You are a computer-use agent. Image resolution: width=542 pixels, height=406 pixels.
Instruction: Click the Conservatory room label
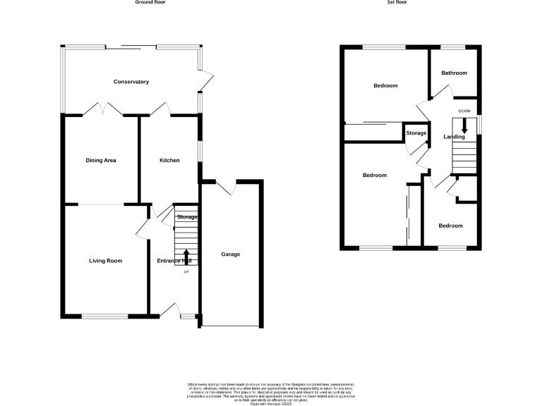[131, 82]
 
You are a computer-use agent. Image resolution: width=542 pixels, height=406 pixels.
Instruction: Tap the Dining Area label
[101, 161]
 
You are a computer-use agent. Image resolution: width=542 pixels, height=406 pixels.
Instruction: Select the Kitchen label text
[169, 161]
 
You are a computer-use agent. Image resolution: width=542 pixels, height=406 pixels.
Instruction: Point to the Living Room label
[106, 261]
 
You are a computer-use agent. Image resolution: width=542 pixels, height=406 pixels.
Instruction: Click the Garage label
[231, 254]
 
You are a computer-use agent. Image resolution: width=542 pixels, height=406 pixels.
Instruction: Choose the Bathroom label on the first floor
[454, 73]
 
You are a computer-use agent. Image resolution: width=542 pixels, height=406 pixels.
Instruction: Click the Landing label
[454, 137]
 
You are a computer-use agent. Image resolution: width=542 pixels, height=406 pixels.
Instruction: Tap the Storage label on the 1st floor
[416, 133]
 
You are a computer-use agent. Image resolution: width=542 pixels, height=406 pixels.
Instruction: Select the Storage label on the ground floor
[187, 217]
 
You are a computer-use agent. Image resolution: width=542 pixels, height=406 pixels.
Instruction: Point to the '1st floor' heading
[397, 3]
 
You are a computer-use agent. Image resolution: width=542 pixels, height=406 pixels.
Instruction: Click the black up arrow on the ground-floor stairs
[187, 256]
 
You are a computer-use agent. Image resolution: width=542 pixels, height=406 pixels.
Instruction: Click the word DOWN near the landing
[464, 111]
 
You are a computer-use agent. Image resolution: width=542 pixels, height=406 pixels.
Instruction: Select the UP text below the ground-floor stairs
[187, 272]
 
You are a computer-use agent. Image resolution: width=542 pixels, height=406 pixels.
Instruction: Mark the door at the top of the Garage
[226, 186]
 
